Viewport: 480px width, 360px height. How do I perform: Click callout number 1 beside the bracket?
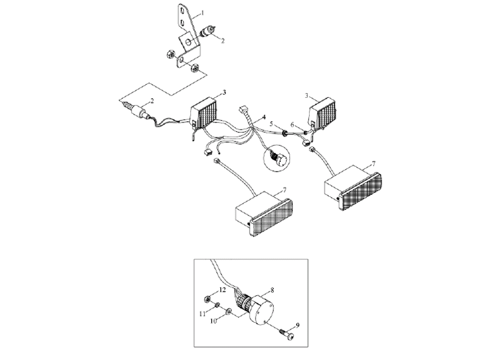click(202, 13)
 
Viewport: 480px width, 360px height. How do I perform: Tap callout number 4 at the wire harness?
click(263, 117)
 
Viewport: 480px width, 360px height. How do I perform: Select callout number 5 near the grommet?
click(271, 124)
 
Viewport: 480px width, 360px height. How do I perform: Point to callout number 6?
click(292, 125)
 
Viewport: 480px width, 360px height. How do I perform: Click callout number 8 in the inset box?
click(272, 290)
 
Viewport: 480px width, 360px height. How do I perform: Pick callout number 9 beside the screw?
click(298, 325)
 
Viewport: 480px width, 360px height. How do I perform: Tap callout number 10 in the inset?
click(214, 321)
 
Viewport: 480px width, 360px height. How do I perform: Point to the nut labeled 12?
click(207, 298)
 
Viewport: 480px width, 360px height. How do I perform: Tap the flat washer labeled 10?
click(228, 311)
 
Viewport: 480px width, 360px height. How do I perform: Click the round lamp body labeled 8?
click(260, 308)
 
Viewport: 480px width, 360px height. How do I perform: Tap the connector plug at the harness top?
click(243, 109)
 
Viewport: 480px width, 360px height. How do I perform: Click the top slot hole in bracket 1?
click(182, 11)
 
